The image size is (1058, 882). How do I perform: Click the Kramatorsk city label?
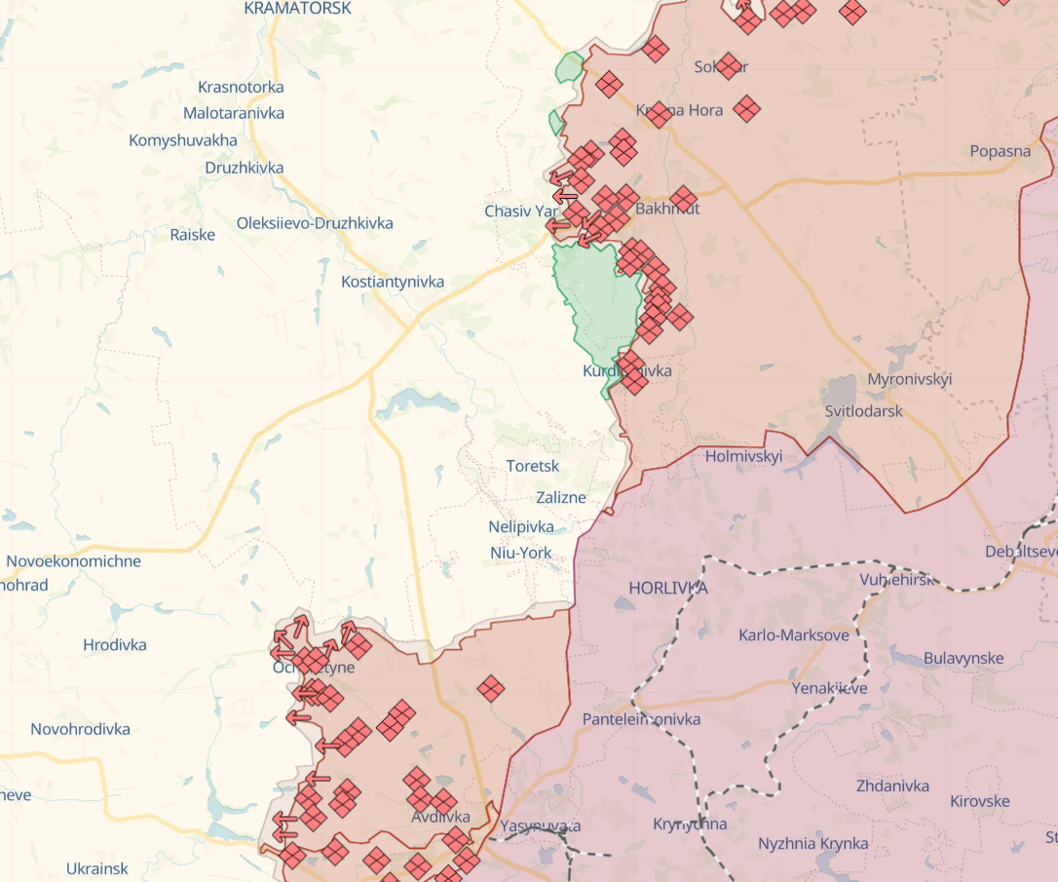point(297,8)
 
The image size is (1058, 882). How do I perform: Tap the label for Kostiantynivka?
point(393,282)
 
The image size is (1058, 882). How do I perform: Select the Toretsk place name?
point(533,466)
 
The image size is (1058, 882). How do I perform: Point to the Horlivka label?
point(668,588)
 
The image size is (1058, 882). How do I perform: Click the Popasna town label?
point(1000,151)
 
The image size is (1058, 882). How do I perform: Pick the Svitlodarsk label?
point(863,411)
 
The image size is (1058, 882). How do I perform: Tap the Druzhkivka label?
point(245,168)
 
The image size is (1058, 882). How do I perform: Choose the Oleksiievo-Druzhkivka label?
point(315,223)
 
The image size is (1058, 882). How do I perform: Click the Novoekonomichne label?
point(73,561)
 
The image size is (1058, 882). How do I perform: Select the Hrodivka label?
point(115,645)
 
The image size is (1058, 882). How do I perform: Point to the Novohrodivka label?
point(80,729)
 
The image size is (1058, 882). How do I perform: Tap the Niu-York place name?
point(521,553)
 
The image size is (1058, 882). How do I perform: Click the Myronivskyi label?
point(910,379)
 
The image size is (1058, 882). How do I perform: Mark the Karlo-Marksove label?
point(794,634)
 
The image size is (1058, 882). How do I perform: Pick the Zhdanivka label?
point(892,786)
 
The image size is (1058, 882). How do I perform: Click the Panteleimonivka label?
point(641,719)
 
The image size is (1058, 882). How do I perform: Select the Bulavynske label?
point(963,658)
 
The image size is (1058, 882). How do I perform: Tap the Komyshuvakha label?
point(183,140)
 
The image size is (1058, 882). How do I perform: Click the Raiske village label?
point(192,235)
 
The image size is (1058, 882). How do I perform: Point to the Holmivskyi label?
point(743,456)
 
